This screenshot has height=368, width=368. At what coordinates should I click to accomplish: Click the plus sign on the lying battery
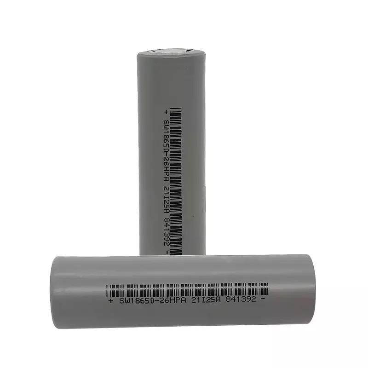(110, 301)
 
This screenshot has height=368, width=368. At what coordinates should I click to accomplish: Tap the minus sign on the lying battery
(263, 299)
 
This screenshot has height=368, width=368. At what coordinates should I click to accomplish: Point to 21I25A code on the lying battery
(206, 300)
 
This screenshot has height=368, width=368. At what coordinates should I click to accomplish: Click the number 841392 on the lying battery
(241, 299)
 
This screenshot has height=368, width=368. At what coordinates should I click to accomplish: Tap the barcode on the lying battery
(187, 290)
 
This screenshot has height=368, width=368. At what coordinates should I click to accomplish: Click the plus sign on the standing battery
(166, 112)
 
